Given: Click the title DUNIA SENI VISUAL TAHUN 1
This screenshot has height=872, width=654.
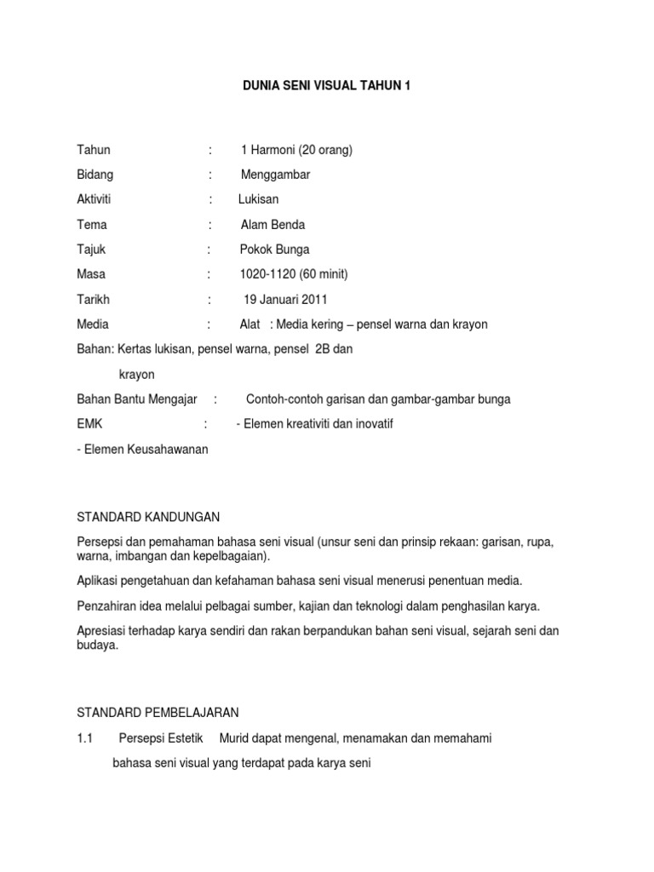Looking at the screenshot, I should click(327, 86).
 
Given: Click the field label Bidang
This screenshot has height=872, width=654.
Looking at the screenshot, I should click(95, 175).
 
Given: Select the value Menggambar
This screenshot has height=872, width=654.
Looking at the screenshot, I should click(276, 175).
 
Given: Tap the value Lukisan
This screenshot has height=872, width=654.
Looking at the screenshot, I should click(258, 199).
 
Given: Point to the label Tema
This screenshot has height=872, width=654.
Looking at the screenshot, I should click(91, 225).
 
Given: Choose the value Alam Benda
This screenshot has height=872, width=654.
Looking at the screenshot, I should click(272, 225).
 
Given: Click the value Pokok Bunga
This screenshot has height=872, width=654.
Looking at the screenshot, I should click(275, 250).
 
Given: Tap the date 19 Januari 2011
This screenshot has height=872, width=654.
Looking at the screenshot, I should click(285, 300).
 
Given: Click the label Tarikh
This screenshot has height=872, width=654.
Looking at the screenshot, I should click(94, 300).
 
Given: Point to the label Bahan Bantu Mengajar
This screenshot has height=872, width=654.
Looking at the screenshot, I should click(137, 399).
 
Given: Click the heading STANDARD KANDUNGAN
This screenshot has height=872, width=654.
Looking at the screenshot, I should click(149, 517).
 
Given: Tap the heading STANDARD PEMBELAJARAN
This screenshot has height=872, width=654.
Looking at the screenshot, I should click(158, 712).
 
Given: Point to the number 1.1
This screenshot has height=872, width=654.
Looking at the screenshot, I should click(84, 738).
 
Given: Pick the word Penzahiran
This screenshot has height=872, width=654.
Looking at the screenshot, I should click(108, 605).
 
